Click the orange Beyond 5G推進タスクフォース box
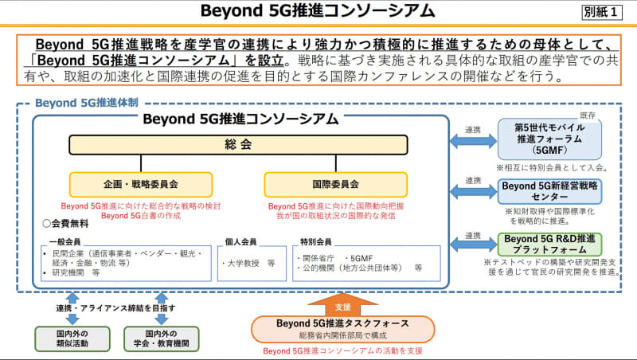342,328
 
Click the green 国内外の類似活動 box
72,338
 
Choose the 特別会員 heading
312,241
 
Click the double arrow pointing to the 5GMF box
473,141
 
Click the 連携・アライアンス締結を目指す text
115,307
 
